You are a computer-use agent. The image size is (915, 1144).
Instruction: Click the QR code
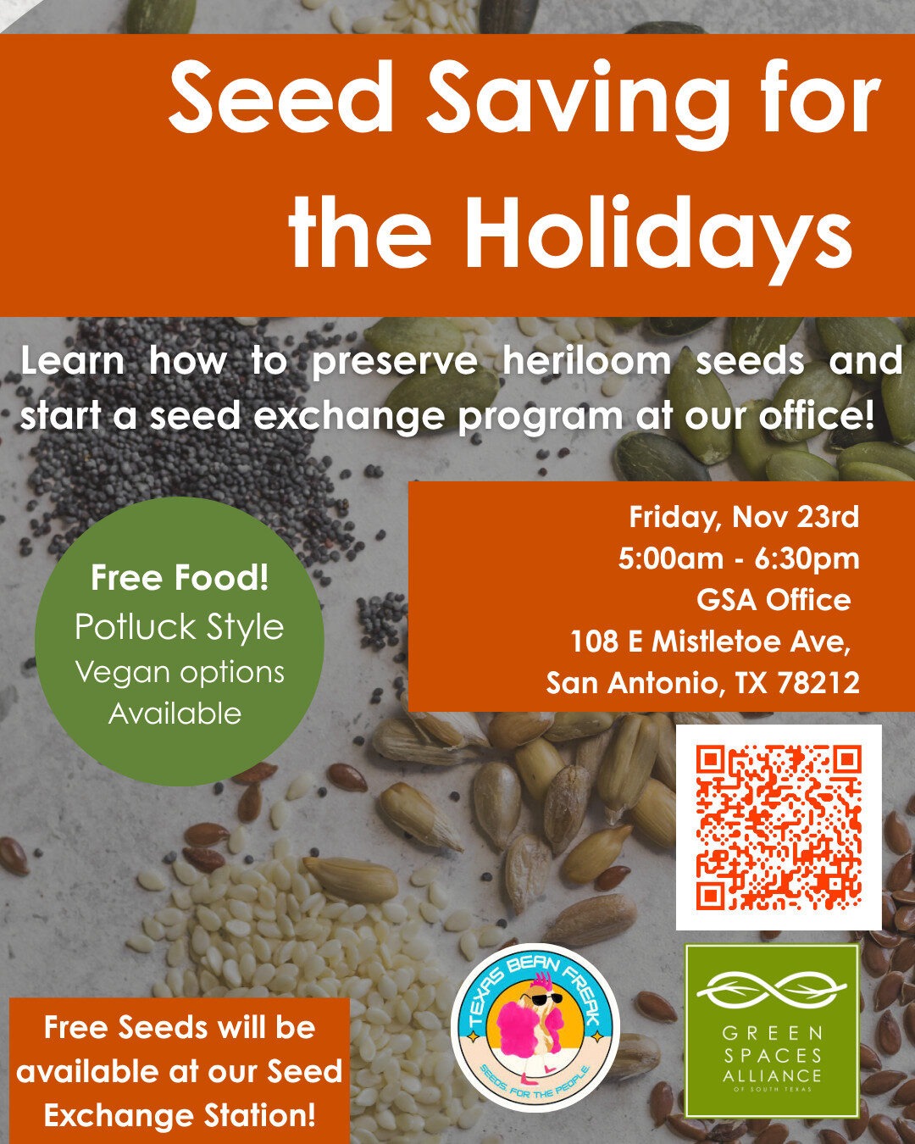(779, 827)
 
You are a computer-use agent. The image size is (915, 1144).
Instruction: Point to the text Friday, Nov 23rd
(744, 517)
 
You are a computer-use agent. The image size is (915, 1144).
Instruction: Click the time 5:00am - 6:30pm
(739, 558)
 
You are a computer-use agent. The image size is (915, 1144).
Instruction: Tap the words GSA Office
(774, 600)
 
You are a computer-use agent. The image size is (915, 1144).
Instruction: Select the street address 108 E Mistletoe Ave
(710, 641)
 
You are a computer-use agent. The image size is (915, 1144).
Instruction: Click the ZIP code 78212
(818, 683)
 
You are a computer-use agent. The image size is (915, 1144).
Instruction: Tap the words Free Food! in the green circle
(179, 578)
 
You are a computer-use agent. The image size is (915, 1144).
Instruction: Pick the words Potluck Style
(179, 628)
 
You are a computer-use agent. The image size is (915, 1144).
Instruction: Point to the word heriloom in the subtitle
(587, 361)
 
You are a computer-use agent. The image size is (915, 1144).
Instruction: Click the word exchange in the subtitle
(349, 416)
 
